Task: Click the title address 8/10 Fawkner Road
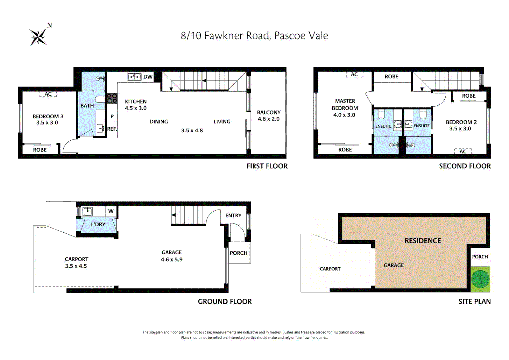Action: [254, 36]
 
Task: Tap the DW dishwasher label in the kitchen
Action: [148, 77]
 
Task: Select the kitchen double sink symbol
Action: [134, 77]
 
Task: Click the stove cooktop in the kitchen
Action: [112, 98]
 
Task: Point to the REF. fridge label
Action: [112, 129]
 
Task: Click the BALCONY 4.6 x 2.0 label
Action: [268, 116]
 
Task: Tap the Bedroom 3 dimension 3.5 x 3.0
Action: [47, 123]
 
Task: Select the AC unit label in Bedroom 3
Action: [48, 94]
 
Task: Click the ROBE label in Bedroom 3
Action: [40, 150]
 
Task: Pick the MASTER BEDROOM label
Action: [345, 104]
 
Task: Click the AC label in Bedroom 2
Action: [463, 151]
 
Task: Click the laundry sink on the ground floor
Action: [87, 211]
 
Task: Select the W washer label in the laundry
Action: [111, 211]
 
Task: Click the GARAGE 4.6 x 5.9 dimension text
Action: [172, 260]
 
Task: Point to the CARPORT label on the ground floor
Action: [76, 259]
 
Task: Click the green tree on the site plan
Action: [480, 279]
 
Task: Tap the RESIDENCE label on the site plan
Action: [423, 241]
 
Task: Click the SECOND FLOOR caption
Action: [465, 166]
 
